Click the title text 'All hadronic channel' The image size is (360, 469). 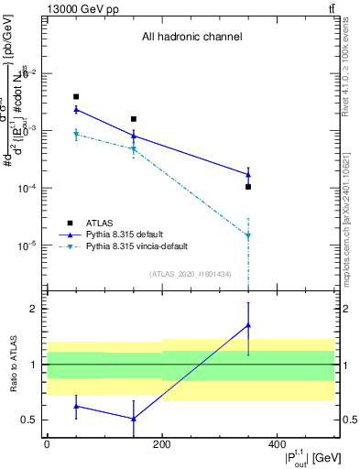[191, 38]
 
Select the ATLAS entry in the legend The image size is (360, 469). [100, 223]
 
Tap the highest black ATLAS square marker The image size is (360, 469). [76, 96]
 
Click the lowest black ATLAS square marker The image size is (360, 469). [248, 187]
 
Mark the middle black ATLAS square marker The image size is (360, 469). [134, 119]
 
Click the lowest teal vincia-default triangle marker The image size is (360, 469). [248, 236]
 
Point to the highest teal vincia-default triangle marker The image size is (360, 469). [76, 135]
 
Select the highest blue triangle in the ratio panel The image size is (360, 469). [248, 325]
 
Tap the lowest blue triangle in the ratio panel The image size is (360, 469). [134, 419]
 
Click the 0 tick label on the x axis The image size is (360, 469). [47, 443]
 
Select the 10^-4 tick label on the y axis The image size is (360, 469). [31, 188]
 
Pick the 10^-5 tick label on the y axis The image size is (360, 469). [31, 245]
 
